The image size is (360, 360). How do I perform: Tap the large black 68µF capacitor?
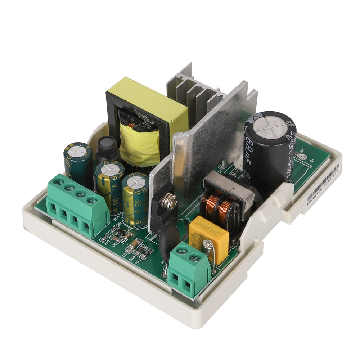[x=269, y=151]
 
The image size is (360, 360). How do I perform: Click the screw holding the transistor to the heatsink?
[x=169, y=202]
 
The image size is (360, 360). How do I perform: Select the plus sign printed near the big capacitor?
[x=312, y=161]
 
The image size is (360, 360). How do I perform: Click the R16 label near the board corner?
[x=302, y=150]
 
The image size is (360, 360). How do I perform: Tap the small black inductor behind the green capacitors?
[x=107, y=148]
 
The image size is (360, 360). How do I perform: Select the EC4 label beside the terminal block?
[x=116, y=218]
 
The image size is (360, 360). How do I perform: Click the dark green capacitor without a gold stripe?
[x=78, y=162]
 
